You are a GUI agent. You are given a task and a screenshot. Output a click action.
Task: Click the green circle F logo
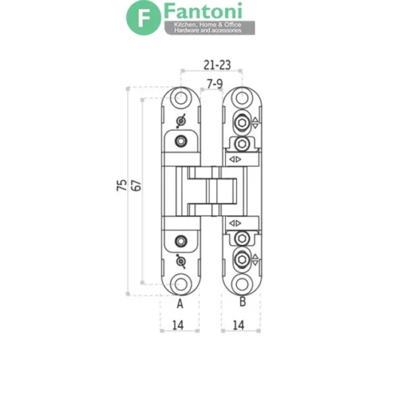[x=144, y=18]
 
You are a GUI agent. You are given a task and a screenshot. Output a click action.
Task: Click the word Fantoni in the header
[x=203, y=11]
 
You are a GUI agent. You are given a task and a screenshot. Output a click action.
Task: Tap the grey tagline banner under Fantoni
[x=209, y=28]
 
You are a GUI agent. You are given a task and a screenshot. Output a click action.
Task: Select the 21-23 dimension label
[x=217, y=65]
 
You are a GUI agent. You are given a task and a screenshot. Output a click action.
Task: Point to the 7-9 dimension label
[x=215, y=84]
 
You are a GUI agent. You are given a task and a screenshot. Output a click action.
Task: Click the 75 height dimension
[x=122, y=185]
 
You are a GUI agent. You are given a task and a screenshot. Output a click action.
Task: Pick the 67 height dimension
[x=136, y=186]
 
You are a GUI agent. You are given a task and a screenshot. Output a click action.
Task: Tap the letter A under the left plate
[x=180, y=303]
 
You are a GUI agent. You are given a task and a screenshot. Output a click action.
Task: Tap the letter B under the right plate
[x=242, y=302]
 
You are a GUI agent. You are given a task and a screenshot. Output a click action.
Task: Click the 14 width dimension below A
[x=178, y=325]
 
